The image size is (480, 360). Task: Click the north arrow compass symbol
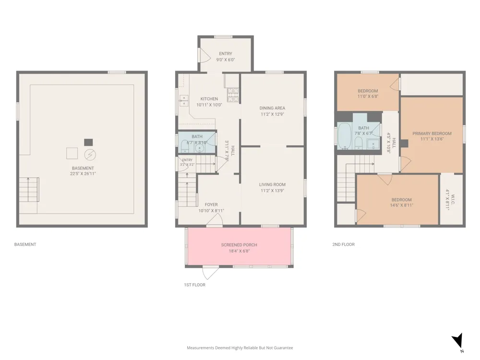tap(458, 341)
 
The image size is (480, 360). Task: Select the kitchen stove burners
tap(233, 95)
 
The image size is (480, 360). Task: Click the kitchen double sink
tap(184, 100)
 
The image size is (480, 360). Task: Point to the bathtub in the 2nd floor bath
tap(345, 136)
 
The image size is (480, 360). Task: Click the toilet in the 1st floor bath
tap(185, 146)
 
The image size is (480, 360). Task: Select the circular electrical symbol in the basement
tap(90, 155)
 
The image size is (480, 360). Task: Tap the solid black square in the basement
tap(88, 143)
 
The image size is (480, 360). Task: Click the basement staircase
tap(29, 190)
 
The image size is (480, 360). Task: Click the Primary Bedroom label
tap(432, 133)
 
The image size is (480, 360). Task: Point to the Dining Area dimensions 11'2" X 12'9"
tap(272, 114)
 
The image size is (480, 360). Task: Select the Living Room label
tap(272, 185)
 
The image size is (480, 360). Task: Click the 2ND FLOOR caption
tap(344, 244)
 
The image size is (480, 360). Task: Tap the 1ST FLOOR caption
tap(195, 285)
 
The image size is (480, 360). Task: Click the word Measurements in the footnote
tap(201, 348)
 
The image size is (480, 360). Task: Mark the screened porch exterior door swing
tap(211, 273)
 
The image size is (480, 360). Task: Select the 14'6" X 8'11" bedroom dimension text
tap(401, 205)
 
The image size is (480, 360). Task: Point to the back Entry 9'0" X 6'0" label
tap(226, 57)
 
